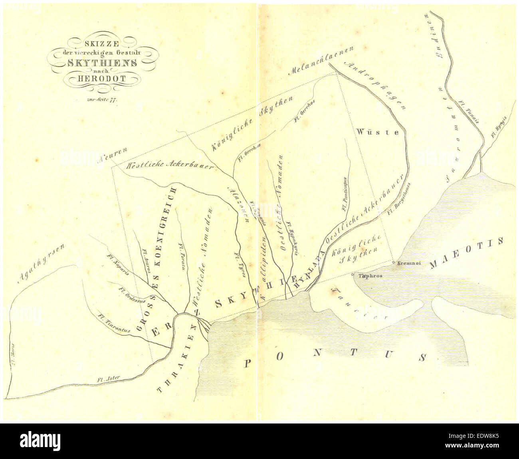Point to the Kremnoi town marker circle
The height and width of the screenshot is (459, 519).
click(394, 262)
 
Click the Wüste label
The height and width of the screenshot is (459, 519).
click(383, 132)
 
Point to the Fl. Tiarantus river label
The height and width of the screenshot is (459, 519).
click(114, 323)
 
